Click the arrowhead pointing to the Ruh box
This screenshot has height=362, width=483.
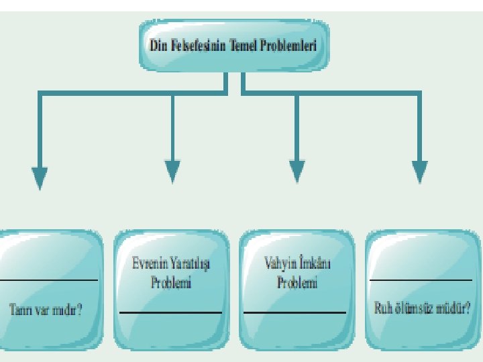420,172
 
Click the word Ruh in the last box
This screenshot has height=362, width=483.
383,310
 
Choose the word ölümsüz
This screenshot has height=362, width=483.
414,310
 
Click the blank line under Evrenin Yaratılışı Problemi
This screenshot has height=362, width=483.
170,312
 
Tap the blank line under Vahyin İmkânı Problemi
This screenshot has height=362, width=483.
294,312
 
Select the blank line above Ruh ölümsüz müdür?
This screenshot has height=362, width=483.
421,280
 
